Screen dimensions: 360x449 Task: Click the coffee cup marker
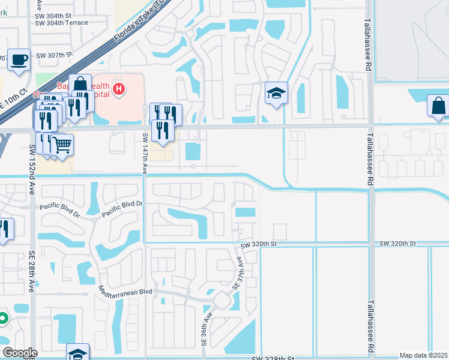pyautogui.click(x=19, y=59)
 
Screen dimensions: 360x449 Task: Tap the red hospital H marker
pyautogui.click(x=119, y=90)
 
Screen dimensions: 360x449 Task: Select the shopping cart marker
pyautogui.click(x=62, y=144)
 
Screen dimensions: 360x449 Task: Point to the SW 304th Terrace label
pyautogui.click(x=61, y=23)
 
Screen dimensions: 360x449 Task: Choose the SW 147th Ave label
pyautogui.click(x=145, y=154)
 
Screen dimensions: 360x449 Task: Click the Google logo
pyautogui.click(x=20, y=353)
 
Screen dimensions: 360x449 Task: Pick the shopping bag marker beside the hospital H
pyautogui.click(x=79, y=85)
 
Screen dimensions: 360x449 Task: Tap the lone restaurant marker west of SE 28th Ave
pyautogui.click(x=4, y=229)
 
